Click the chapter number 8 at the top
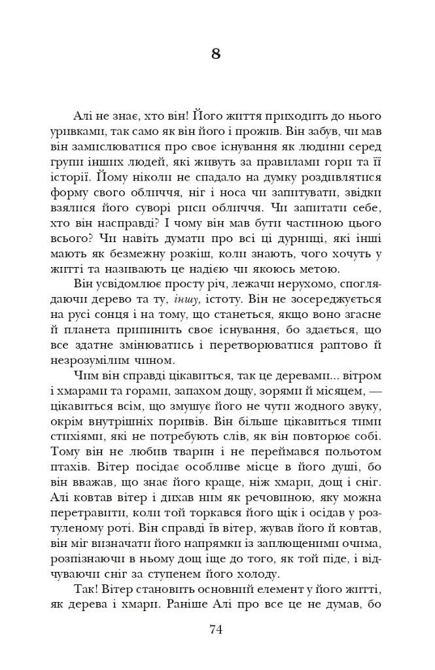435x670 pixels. point(217,54)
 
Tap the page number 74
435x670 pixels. point(217,629)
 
